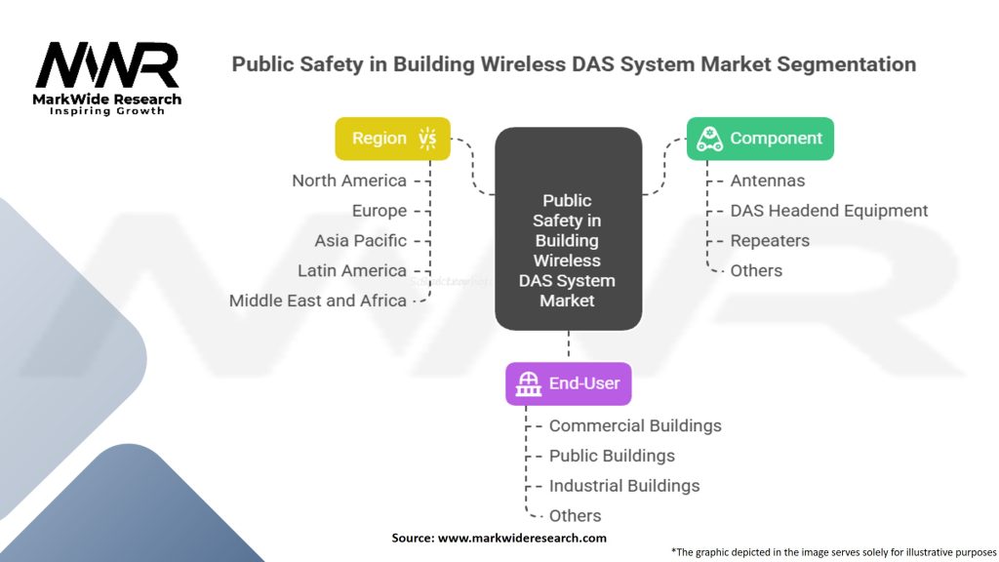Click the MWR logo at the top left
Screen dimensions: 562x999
click(x=107, y=66)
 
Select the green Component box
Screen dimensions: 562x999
click(x=760, y=139)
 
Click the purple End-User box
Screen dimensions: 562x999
click(x=568, y=383)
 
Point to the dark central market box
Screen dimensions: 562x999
click(x=568, y=230)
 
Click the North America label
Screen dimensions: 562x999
click(x=349, y=181)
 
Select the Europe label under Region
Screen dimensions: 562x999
click(x=380, y=211)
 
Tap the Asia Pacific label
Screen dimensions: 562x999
click(x=360, y=240)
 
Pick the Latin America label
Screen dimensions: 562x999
click(x=352, y=270)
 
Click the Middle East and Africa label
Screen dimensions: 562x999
click(x=318, y=301)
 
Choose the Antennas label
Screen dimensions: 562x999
click(x=769, y=181)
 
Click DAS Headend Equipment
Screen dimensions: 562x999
click(x=829, y=211)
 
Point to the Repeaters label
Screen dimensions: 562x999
click(x=770, y=240)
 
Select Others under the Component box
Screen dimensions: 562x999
click(x=756, y=270)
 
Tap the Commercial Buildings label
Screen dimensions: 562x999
click(x=635, y=425)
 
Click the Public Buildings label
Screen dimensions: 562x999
click(x=612, y=456)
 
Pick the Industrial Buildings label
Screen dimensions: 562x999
click(x=624, y=486)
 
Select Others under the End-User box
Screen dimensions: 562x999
click(x=575, y=515)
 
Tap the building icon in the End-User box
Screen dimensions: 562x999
click(x=529, y=383)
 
